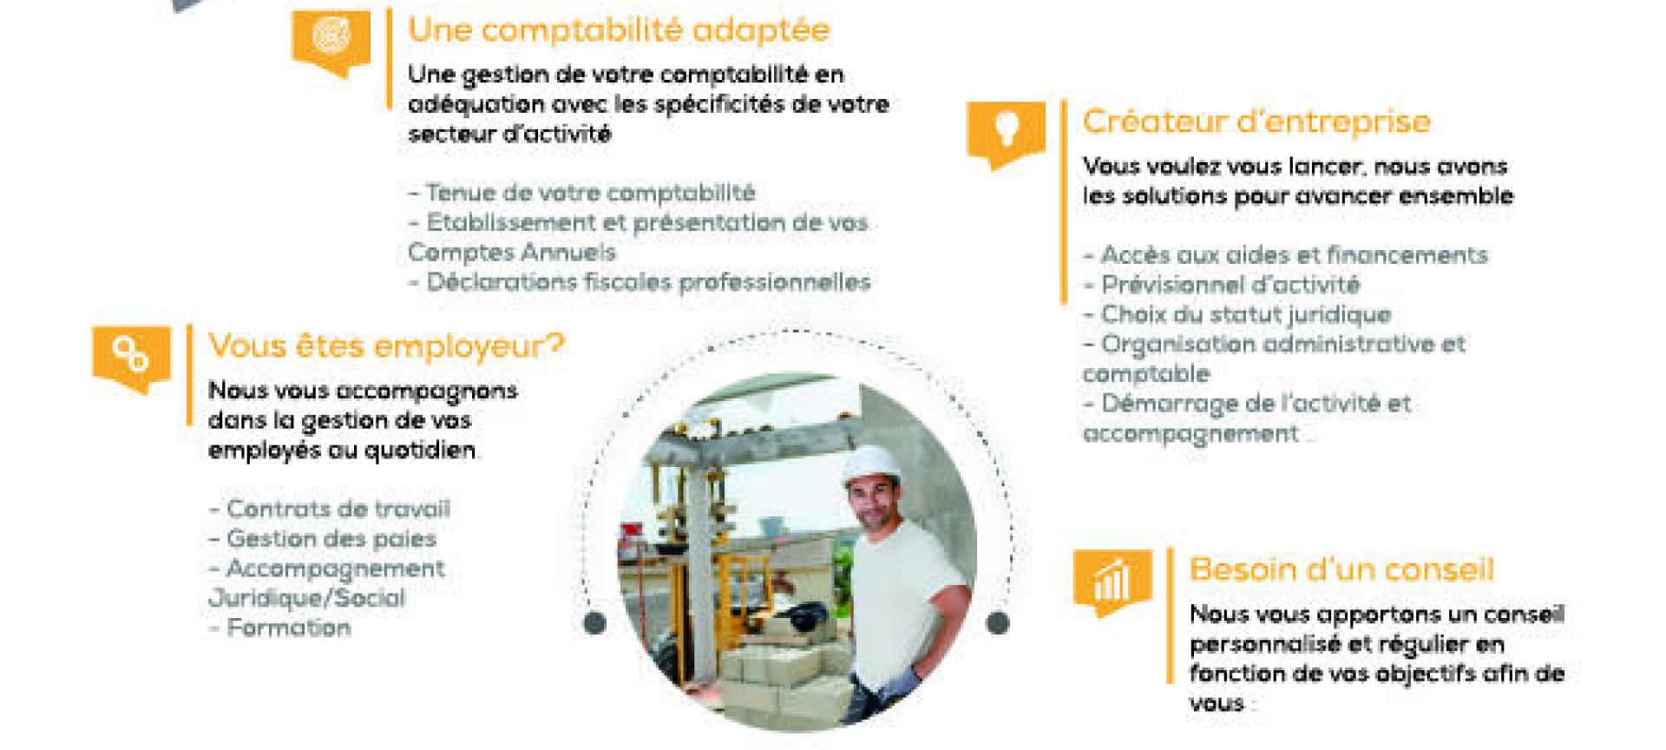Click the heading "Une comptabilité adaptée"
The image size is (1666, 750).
coord(619,30)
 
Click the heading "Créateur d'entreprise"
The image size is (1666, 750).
coord(1256,122)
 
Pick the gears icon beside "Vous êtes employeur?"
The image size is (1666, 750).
coord(132,355)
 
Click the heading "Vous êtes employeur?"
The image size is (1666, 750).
coord(386,346)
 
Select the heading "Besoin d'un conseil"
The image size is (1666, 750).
coord(1341,570)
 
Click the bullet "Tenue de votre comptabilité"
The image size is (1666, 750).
coord(581,193)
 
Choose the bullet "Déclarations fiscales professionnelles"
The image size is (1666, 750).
coord(640,282)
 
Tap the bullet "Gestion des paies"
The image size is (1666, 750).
coord(323,539)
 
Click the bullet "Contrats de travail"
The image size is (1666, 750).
coord(330,510)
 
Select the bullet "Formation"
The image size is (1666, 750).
coord(280,628)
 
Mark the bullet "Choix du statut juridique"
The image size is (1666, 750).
coord(1237,314)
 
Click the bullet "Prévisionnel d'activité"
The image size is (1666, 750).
coord(1222,285)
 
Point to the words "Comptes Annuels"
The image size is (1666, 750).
coord(512,253)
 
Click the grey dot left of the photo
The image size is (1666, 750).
coord(595,622)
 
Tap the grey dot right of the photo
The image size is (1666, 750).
coord(999,622)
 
